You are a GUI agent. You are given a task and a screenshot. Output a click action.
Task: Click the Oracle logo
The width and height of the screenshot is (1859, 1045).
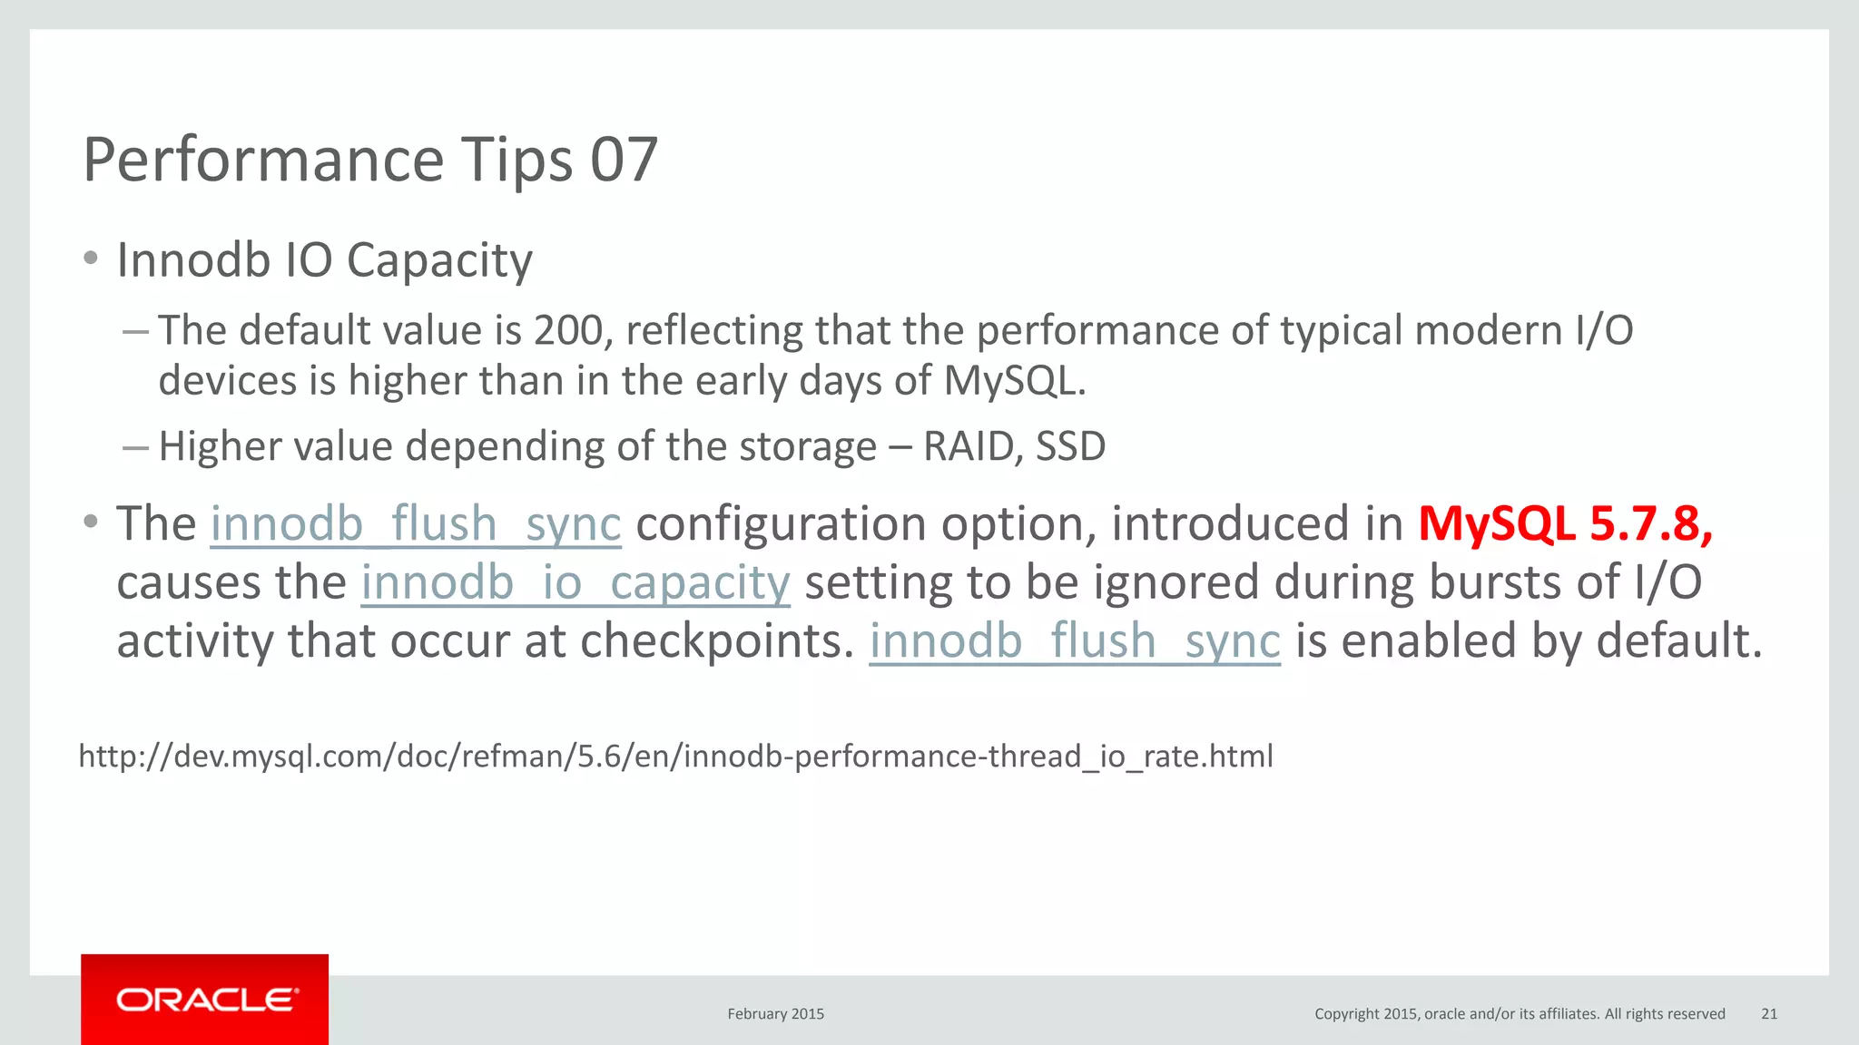pyautogui.click(x=205, y=1000)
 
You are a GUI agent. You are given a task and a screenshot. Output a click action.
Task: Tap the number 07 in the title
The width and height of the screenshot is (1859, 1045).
pyautogui.click(x=624, y=160)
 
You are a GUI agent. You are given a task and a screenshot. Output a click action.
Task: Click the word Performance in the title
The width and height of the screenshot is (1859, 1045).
pyautogui.click(x=263, y=160)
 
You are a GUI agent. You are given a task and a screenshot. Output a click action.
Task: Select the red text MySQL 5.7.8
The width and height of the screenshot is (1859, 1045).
pyautogui.click(x=1565, y=523)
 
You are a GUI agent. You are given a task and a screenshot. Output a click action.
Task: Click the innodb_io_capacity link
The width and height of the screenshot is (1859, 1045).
pyautogui.click(x=575, y=582)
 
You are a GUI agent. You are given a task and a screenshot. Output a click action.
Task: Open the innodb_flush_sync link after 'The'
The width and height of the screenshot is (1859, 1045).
pyautogui.click(x=416, y=524)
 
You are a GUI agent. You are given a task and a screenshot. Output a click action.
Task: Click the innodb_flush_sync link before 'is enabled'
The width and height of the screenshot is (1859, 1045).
pyautogui.click(x=1075, y=641)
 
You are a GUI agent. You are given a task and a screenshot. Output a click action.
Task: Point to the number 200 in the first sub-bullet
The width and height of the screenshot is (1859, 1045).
pyautogui.click(x=568, y=330)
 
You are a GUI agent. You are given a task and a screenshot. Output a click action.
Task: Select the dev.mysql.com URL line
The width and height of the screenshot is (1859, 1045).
pyautogui.click(x=675, y=756)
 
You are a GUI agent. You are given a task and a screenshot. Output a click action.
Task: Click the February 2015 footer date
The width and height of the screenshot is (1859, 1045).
pyautogui.click(x=775, y=1014)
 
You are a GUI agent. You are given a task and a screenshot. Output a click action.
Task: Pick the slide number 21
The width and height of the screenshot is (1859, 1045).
pyautogui.click(x=1769, y=1014)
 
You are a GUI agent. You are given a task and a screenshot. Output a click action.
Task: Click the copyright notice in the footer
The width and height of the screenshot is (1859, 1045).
pyautogui.click(x=1520, y=1014)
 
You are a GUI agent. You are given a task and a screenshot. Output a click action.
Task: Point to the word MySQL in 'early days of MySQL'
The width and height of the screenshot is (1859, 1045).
pyautogui.click(x=1013, y=381)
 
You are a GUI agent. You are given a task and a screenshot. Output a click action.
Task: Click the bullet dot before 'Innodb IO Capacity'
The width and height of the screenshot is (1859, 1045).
pyautogui.click(x=90, y=259)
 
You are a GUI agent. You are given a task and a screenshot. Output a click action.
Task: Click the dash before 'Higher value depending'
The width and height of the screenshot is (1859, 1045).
pyautogui.click(x=134, y=447)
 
